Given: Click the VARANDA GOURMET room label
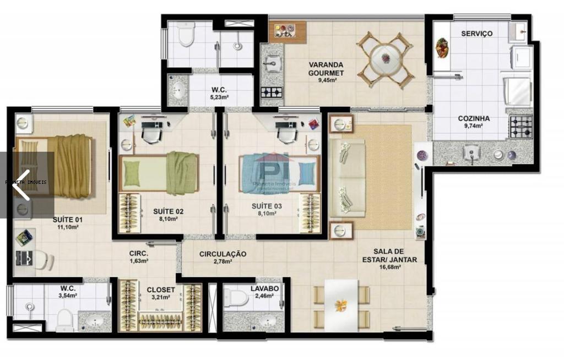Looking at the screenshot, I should (326, 68).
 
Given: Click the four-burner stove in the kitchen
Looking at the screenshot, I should (520, 127).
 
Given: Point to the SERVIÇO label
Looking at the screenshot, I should (476, 34).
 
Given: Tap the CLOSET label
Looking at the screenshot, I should (161, 290).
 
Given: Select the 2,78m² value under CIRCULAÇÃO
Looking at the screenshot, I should (223, 261).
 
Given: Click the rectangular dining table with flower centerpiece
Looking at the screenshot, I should (341, 304).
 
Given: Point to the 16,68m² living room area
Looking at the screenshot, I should (389, 268).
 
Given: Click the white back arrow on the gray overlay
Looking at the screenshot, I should (21, 185).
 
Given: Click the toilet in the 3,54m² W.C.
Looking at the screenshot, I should (64, 319).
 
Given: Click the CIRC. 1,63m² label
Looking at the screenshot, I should (138, 257).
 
